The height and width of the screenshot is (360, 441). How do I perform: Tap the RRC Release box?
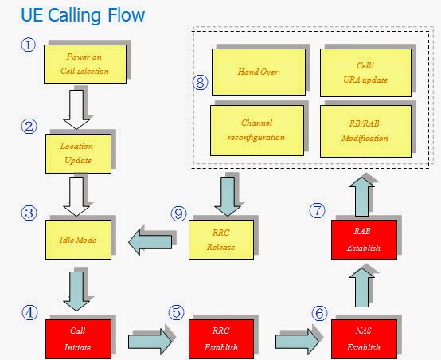tap(220, 240)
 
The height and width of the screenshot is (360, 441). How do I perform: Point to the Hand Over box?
tap(258, 71)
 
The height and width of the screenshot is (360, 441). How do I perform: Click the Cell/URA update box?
tap(365, 71)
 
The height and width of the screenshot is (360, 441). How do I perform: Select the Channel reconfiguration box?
tap(258, 130)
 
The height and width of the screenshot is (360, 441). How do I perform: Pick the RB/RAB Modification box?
tap(365, 130)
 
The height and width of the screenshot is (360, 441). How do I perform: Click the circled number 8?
tap(201, 83)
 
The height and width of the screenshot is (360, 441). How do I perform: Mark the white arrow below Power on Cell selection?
tap(77, 110)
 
